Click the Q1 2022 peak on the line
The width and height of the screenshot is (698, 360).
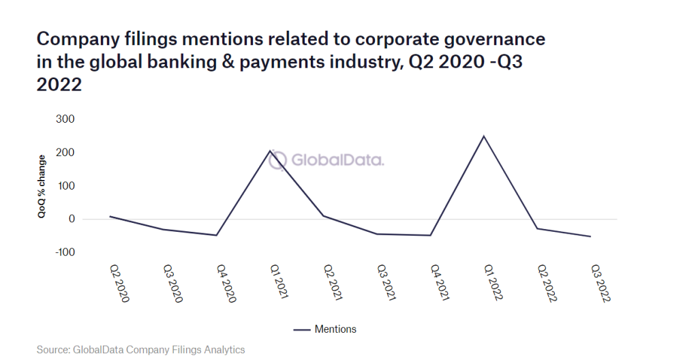coord(483,136)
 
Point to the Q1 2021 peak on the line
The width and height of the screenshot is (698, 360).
coord(270,150)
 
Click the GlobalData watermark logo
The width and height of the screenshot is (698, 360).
coord(326,160)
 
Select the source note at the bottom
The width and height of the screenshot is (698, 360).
coord(140,350)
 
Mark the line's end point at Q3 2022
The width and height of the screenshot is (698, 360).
coord(590,237)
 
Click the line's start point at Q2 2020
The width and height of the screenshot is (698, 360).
coord(110,216)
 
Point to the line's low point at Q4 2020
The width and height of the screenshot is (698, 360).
coord(217,235)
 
